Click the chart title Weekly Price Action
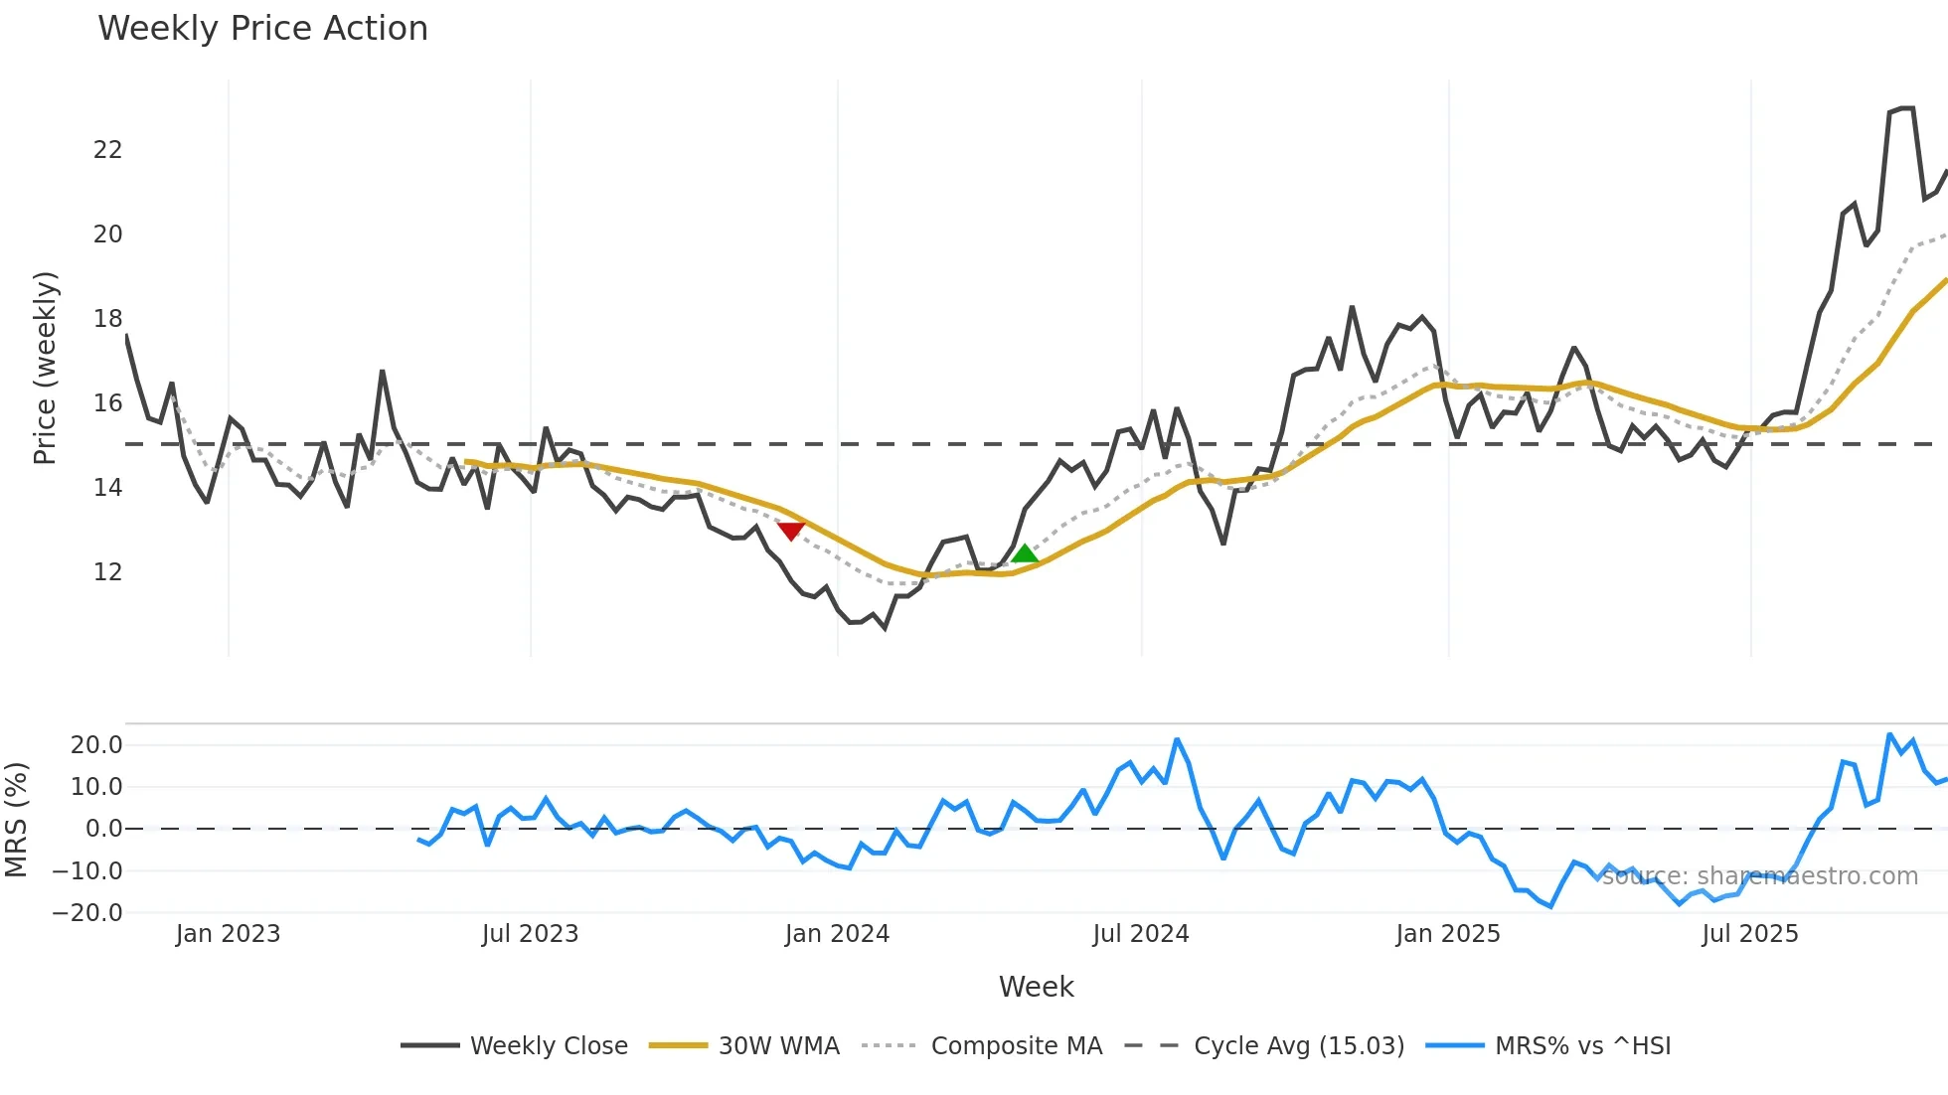[x=262, y=29]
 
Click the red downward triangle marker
[x=790, y=531]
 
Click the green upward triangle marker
[x=1025, y=553]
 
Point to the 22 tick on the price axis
[x=107, y=150]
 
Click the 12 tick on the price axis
[x=107, y=572]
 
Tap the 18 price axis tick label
[x=107, y=319]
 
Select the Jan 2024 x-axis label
[x=837, y=934]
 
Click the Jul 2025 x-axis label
[x=1749, y=934]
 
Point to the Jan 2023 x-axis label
[x=228, y=934]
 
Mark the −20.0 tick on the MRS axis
[x=87, y=913]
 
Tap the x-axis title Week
[x=1036, y=987]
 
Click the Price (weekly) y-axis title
[x=45, y=368]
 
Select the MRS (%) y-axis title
[x=16, y=820]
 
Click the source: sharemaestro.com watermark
[x=1759, y=876]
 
